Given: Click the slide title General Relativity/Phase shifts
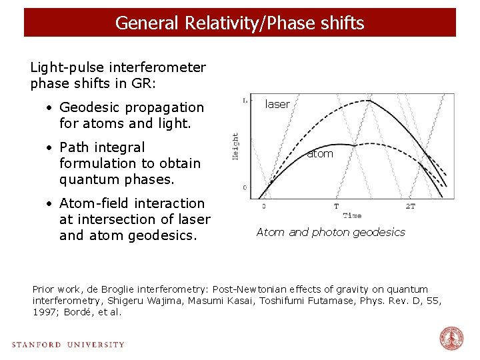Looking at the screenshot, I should coord(239,23).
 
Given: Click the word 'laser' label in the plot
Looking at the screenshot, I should coord(277,104).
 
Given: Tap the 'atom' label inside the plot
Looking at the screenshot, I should coord(320,154).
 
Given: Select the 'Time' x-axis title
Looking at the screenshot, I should coord(352,215).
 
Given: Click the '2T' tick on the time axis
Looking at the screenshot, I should coord(410,207).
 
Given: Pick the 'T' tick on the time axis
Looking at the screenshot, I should coord(336,207).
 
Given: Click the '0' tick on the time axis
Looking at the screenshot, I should coord(263,207).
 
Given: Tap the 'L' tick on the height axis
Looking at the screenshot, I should coord(245,101).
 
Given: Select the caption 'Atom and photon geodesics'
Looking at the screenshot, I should coord(331,232).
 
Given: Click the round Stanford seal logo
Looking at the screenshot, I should coord(451,339).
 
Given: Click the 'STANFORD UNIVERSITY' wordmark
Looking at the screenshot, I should coord(68,345).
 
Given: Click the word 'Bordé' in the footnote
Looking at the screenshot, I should coord(77,312).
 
